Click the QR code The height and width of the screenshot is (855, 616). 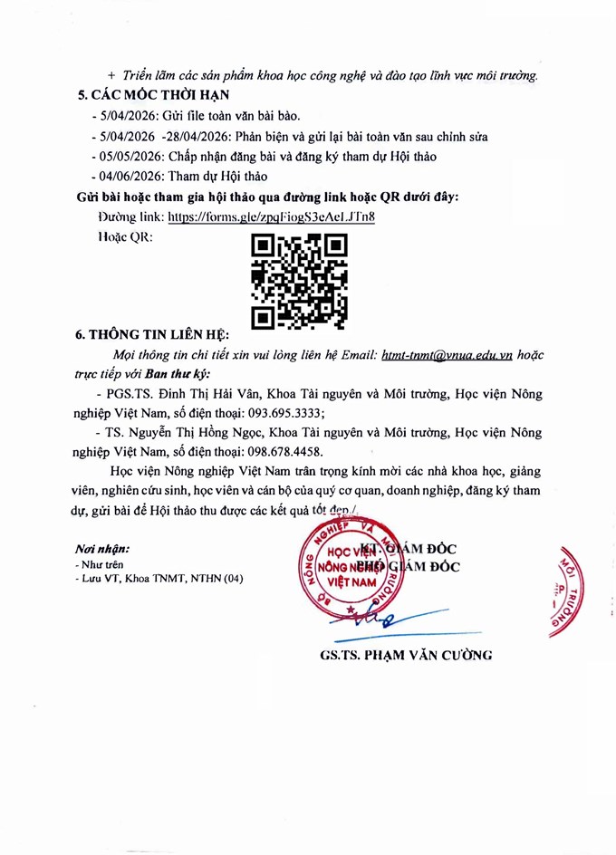coord(298,281)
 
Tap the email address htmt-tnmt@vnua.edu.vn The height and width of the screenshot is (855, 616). coord(448,356)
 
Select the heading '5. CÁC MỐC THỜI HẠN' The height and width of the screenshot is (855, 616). coord(153,95)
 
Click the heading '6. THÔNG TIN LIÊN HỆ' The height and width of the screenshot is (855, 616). coord(153,334)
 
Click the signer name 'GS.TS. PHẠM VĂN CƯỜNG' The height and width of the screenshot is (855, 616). coord(406,655)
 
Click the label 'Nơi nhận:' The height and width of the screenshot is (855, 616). coord(102,549)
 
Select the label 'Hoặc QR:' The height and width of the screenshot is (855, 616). coord(124,237)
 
